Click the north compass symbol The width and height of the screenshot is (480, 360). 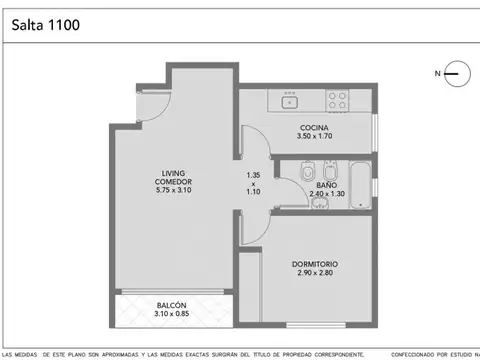(x=452, y=73)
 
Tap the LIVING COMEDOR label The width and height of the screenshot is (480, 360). (x=174, y=177)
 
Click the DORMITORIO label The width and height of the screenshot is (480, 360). (x=315, y=264)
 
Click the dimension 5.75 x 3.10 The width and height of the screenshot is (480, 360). (x=174, y=190)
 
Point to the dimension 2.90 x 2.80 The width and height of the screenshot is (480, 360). (x=315, y=273)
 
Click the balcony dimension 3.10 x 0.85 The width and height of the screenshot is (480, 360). (x=171, y=315)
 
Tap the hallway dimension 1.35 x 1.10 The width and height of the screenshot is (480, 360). (x=254, y=184)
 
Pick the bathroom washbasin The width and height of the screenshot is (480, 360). (x=319, y=205)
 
